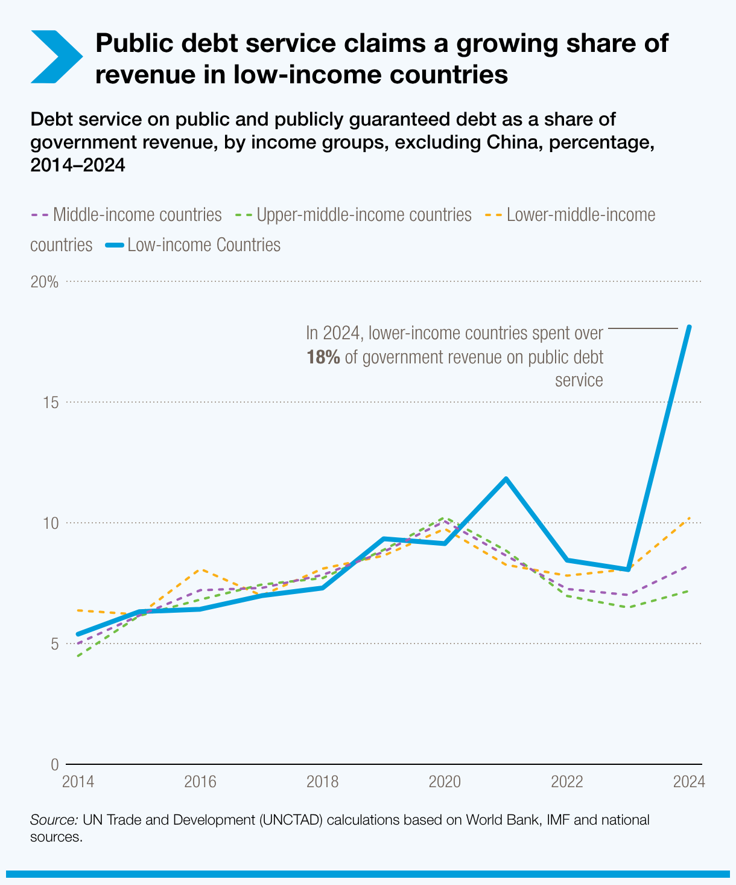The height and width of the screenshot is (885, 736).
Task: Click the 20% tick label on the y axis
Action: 45,282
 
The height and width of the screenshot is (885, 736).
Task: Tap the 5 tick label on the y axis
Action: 54,644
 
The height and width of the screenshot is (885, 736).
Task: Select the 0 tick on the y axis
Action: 54,764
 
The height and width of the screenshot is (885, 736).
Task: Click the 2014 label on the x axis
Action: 78,782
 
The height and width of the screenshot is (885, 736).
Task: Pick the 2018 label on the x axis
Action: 322,782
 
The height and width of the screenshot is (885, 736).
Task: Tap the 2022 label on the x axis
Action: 566,782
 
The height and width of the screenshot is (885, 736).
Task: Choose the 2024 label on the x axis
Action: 688,782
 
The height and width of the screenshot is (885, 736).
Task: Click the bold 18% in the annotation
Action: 323,357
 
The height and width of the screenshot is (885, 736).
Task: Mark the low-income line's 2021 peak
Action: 506,479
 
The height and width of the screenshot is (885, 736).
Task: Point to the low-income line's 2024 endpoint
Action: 689,327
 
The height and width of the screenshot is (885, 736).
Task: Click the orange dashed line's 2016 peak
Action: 200,569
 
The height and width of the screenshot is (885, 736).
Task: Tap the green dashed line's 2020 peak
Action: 445,518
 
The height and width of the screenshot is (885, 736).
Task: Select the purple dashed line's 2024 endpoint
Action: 688,566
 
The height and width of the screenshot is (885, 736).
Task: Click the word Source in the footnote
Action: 52,820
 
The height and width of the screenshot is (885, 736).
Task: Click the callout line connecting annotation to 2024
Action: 643,328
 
